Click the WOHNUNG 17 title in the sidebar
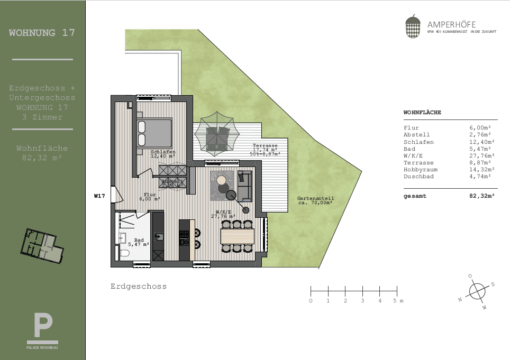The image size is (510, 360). pyautogui.click(x=42, y=33)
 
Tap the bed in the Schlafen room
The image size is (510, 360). pyautogui.click(x=154, y=133)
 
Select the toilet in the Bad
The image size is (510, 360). pyautogui.click(x=125, y=254)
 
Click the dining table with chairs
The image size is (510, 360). pyautogui.click(x=237, y=236)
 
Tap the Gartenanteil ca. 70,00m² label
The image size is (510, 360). pyautogui.click(x=316, y=200)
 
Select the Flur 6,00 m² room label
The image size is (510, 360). pyautogui.click(x=150, y=197)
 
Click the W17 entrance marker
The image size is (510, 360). pyautogui.click(x=99, y=196)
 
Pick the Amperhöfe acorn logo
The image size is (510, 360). pyautogui.click(x=413, y=27)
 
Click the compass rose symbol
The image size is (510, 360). pyautogui.click(x=477, y=291)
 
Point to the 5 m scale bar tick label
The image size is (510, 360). pyautogui.click(x=395, y=301)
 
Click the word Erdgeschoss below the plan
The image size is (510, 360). pyautogui.click(x=139, y=287)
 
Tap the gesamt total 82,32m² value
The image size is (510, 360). pyautogui.click(x=482, y=196)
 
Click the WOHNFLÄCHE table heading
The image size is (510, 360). pyautogui.click(x=422, y=113)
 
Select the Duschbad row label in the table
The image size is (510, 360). pyautogui.click(x=418, y=177)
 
